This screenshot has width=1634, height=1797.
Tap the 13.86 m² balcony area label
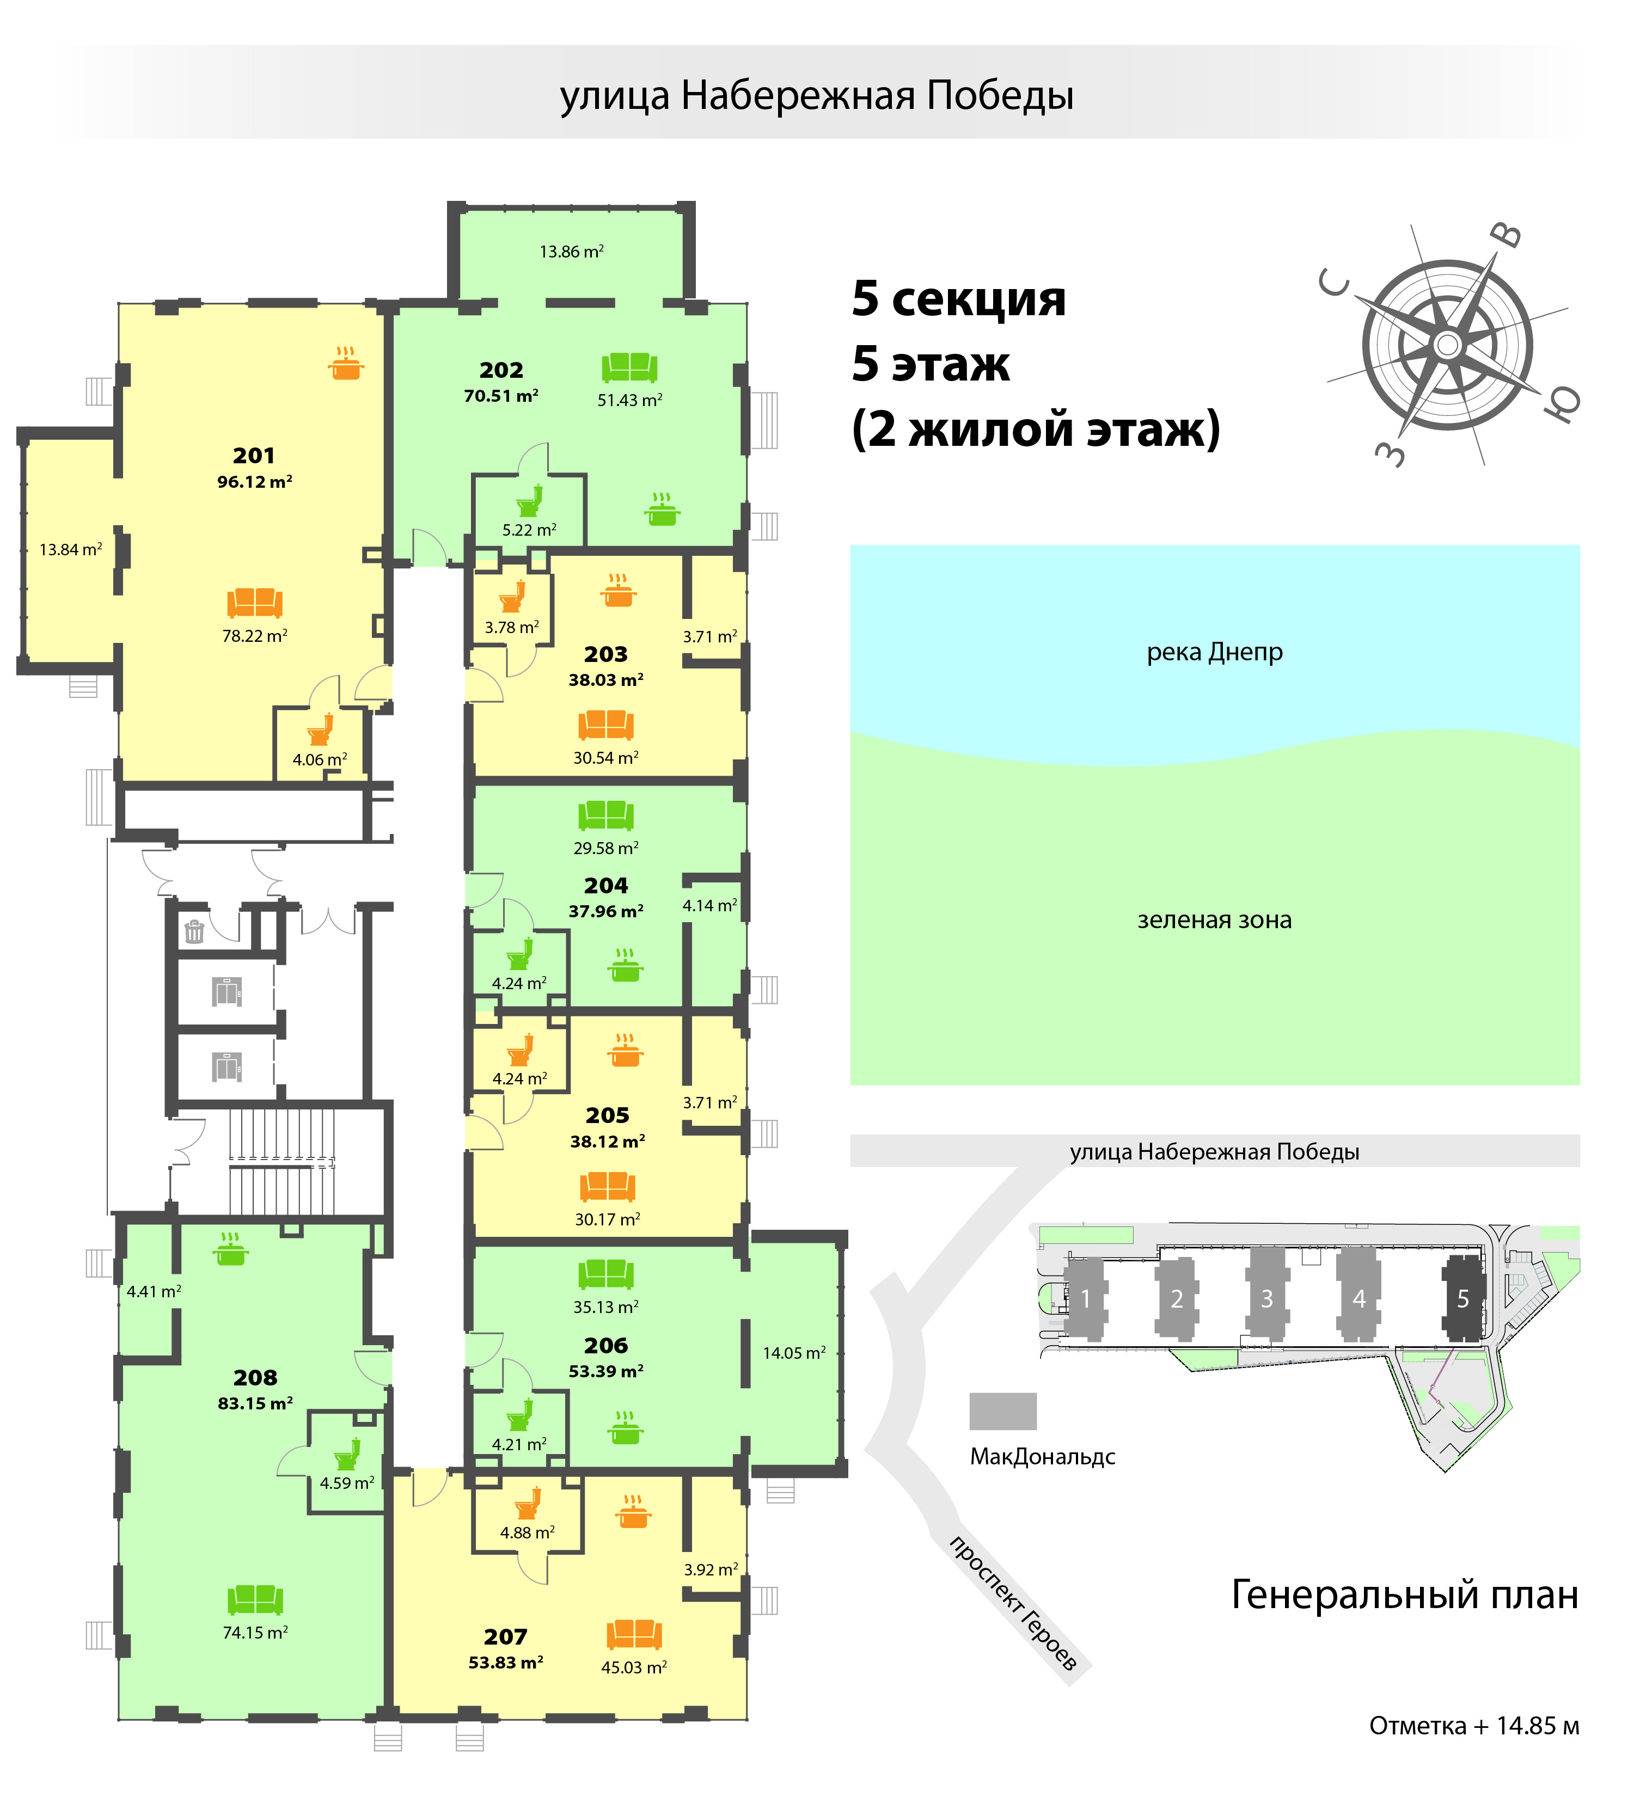(571, 252)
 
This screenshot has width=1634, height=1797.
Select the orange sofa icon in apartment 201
(254, 603)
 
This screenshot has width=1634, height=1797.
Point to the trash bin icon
(194, 931)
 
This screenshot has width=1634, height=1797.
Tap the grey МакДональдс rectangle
(1003, 1411)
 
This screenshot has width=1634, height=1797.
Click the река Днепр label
(1214, 653)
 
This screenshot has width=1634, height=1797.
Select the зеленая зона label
(1214, 920)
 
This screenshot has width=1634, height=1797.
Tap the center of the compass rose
(1448, 344)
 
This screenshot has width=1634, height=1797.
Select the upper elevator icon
(227, 991)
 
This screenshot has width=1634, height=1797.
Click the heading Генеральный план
(1404, 1594)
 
